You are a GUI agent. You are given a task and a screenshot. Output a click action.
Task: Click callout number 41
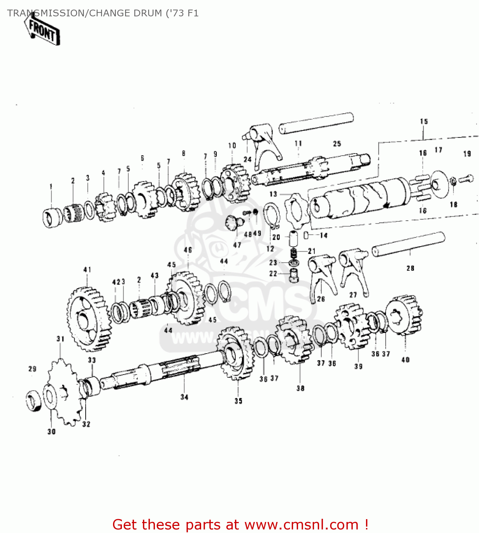tap(87, 270)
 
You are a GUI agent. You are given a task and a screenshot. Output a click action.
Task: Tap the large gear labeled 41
tap(87, 318)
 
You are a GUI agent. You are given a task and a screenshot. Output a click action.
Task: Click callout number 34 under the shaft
tap(184, 397)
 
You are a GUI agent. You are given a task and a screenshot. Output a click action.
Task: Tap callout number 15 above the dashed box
tap(424, 122)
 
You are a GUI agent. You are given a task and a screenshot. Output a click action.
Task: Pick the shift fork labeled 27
tap(354, 270)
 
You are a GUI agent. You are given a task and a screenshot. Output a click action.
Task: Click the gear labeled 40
tap(404, 315)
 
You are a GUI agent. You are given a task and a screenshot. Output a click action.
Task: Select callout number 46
tap(188, 250)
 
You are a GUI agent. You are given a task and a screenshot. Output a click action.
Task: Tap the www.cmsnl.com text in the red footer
tap(301, 524)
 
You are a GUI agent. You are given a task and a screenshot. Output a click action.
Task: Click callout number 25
tap(337, 144)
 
